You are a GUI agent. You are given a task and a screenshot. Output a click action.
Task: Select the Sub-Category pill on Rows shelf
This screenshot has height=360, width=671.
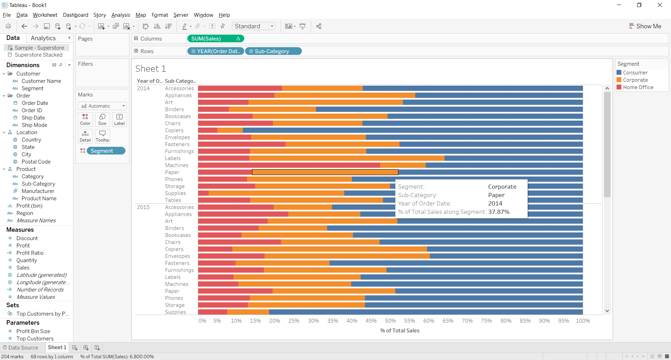[273, 51]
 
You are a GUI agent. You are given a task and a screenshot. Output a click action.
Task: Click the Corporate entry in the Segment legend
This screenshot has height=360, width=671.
[635, 80]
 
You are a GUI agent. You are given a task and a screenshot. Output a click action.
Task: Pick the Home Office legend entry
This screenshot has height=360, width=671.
[638, 87]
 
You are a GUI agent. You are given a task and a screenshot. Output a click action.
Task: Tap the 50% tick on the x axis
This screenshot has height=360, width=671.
[390, 321]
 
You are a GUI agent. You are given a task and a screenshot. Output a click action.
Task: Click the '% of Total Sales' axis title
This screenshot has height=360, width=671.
[399, 331]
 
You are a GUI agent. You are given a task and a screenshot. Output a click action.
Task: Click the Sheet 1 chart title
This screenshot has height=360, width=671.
[150, 69]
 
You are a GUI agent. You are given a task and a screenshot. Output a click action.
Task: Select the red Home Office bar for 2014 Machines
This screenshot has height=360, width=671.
[289, 165]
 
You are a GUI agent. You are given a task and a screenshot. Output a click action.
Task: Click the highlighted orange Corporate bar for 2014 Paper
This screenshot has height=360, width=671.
[325, 172]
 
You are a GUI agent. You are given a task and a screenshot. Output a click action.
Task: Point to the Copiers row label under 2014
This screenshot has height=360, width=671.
[174, 130]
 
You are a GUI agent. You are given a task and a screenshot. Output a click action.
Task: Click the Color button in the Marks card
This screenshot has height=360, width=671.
[85, 119]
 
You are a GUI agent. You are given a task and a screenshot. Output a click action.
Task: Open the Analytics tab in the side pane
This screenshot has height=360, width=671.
[43, 38]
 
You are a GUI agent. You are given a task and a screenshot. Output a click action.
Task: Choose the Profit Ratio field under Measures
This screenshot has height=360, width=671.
[30, 253]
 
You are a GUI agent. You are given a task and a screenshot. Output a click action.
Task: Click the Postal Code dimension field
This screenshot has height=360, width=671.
[36, 162]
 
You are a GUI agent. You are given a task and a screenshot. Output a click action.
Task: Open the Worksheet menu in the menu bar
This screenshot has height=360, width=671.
[45, 15]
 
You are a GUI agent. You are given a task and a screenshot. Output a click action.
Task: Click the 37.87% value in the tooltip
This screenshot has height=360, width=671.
[499, 212]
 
